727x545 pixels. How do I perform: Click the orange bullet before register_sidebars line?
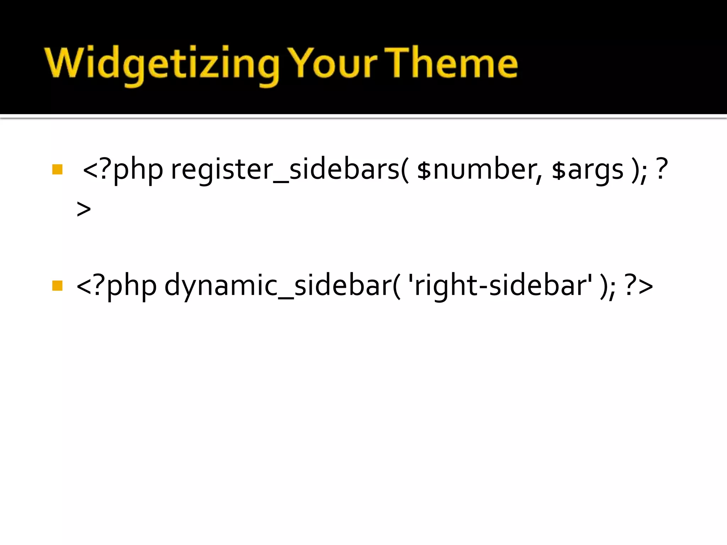click(57, 169)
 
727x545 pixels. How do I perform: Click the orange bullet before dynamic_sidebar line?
click(57, 286)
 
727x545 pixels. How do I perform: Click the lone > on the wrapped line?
click(84, 209)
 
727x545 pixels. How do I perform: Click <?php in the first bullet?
click(122, 170)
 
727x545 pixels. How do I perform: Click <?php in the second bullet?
click(116, 286)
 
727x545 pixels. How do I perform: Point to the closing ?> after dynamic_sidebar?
click(639, 286)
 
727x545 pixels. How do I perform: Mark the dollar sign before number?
click(423, 170)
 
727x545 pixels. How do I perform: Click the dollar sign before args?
click(558, 170)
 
